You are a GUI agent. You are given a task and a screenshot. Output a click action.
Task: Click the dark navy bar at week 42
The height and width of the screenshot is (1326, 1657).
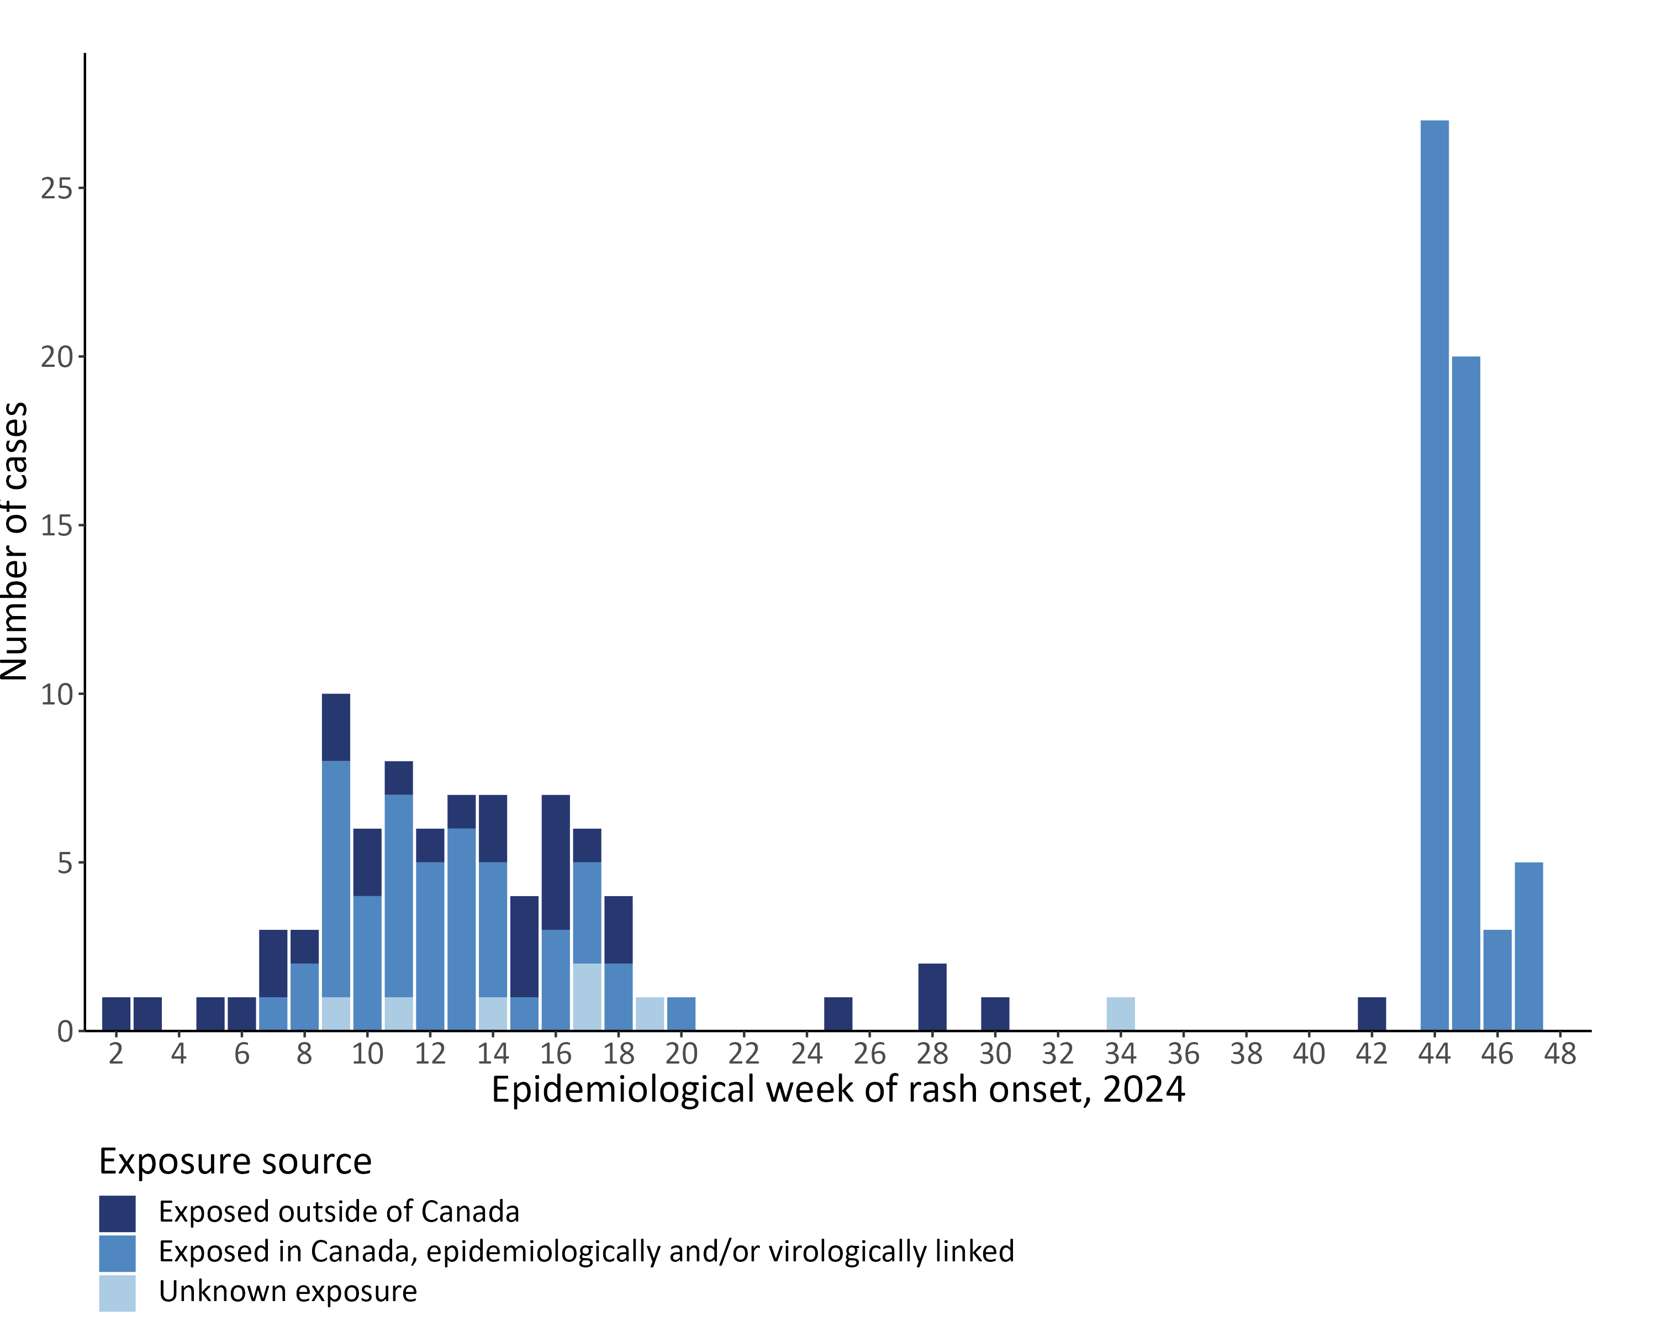(1372, 1013)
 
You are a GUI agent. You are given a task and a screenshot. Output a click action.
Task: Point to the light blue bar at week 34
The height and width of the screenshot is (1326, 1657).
(1121, 1013)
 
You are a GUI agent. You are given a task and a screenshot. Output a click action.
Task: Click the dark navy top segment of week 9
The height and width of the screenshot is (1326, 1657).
(336, 727)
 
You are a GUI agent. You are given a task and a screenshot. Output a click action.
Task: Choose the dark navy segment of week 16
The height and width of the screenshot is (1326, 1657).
(556, 862)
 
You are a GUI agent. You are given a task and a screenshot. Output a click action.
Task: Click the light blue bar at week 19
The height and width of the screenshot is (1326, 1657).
(650, 1013)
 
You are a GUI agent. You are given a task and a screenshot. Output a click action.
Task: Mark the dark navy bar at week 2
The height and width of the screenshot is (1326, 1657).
(116, 1013)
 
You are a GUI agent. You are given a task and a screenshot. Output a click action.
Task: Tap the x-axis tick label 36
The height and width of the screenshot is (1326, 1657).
(1184, 1053)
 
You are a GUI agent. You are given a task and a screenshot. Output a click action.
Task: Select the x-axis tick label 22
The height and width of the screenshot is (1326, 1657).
(744, 1053)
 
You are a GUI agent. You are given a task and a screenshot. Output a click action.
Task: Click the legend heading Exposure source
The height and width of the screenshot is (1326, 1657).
(235, 1161)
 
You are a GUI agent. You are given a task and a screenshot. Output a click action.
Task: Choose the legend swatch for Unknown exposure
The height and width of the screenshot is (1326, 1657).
(117, 1292)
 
